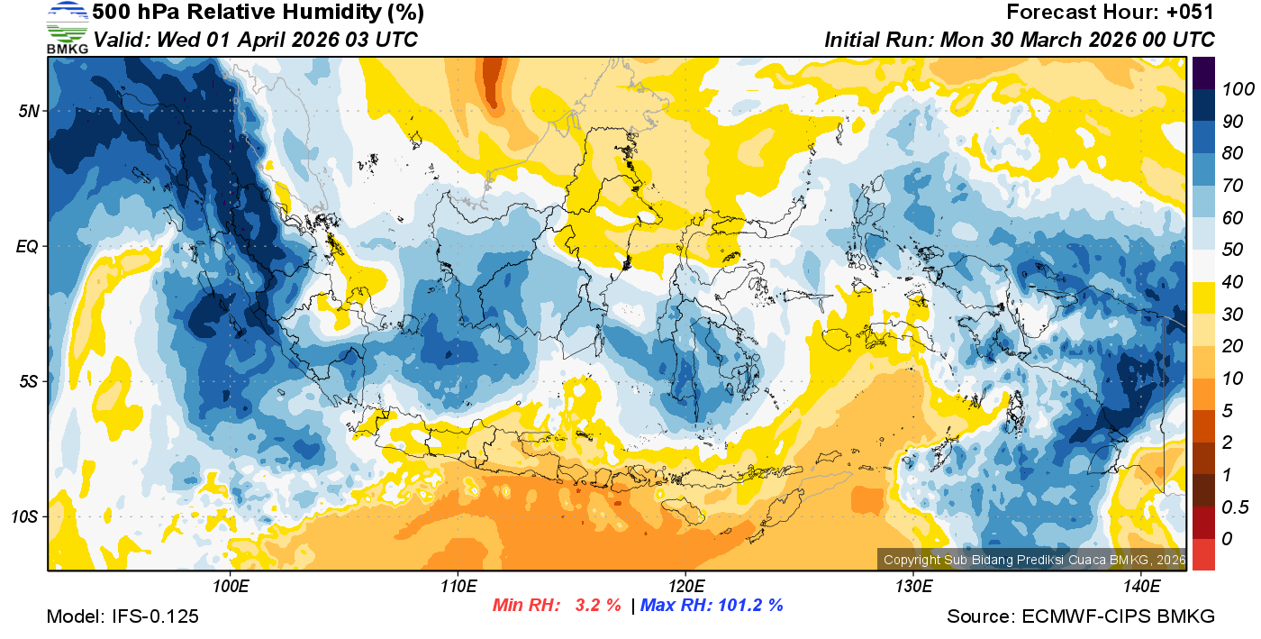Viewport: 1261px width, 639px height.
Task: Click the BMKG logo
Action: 67,28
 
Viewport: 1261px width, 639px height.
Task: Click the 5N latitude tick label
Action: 28,111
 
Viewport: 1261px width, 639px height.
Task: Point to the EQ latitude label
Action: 27,246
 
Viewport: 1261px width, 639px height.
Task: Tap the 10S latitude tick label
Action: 24,517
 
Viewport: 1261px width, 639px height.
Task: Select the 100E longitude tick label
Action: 231,586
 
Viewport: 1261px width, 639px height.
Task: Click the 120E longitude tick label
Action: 685,586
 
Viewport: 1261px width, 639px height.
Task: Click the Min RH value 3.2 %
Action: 598,605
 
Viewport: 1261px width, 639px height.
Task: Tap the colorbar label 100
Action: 1232,89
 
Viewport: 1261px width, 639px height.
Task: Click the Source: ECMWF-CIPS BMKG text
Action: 1081,616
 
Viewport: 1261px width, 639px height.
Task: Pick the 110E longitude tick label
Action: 458,586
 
